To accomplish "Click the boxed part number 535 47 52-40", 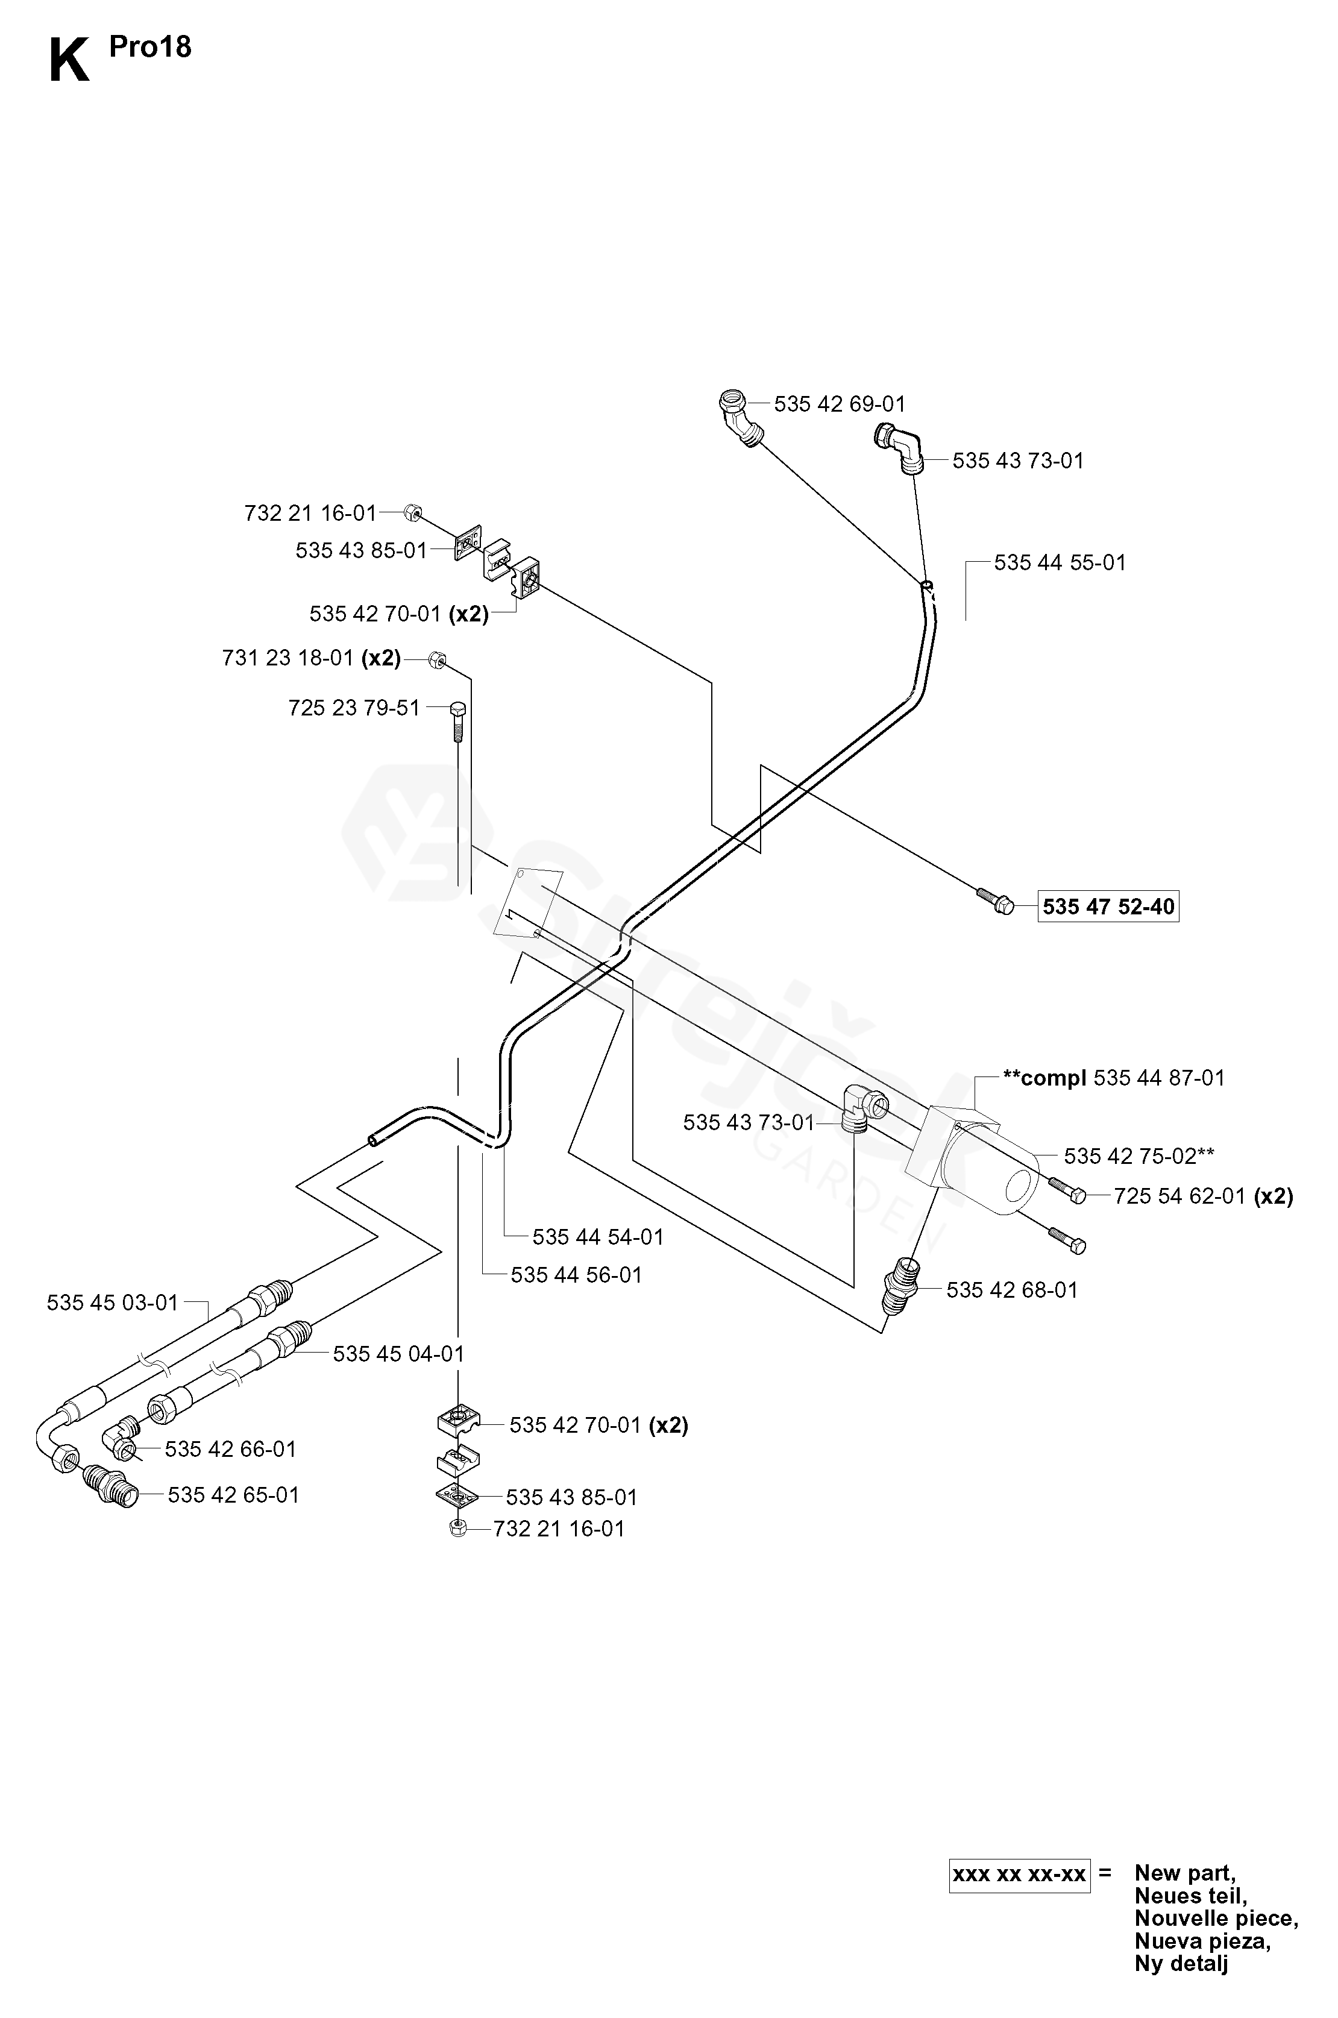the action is [1108, 906].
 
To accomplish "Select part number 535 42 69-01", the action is [840, 404].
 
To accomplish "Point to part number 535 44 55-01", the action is [1060, 562].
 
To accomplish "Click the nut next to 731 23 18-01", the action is [435, 659].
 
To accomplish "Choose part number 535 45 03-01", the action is [113, 1303].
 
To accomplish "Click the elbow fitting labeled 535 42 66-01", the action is [121, 1437].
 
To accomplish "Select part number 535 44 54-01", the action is [598, 1236].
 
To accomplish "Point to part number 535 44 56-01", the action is [576, 1275].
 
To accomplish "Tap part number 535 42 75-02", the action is [1139, 1156].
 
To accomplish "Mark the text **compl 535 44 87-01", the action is [1114, 1078].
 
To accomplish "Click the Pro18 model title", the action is [150, 47].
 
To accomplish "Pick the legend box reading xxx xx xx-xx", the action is [1020, 1874].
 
